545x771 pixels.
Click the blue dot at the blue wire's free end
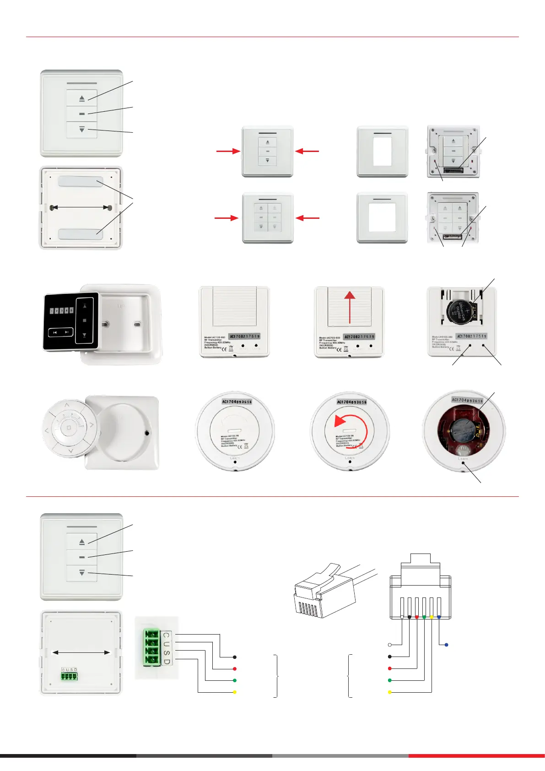446,645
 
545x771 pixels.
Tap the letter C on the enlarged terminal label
166,635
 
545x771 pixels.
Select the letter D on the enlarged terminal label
166,662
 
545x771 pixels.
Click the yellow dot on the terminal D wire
234,692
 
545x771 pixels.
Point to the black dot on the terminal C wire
234,657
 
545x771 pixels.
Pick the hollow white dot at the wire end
389,645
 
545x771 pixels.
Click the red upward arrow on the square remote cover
350,309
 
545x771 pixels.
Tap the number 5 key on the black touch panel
71,310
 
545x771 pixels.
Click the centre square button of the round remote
69,428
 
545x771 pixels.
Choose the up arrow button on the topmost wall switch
82,98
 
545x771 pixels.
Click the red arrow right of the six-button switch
308,218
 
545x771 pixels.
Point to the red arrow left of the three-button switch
228,151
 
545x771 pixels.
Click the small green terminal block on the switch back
69,675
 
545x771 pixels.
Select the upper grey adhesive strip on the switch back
80,182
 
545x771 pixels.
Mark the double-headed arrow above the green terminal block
81,652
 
